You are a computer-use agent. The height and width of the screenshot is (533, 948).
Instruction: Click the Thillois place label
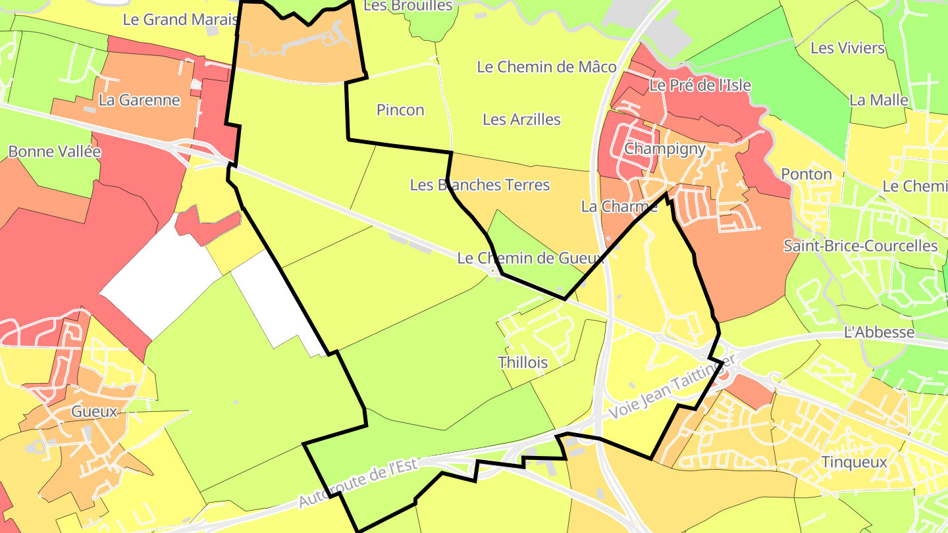[x=523, y=362]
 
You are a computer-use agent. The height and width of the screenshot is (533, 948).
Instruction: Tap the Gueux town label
[x=94, y=412]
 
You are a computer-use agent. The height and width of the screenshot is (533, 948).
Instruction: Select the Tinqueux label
[x=855, y=462]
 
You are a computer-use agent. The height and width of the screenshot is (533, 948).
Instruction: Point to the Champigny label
[x=664, y=149]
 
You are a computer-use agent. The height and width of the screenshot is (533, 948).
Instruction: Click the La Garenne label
[x=139, y=100]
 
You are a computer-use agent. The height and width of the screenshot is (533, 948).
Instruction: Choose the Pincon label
[x=400, y=110]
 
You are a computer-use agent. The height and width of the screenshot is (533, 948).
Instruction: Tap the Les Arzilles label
[x=521, y=119]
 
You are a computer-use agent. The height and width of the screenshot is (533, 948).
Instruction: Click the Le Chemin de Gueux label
[x=531, y=258]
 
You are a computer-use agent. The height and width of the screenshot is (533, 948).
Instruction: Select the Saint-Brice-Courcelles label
[x=860, y=246]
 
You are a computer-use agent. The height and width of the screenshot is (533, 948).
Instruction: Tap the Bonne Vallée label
[x=55, y=151]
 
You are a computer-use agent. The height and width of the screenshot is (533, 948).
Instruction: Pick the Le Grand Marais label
[x=180, y=20]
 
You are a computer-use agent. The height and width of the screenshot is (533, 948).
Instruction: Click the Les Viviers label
[x=847, y=48]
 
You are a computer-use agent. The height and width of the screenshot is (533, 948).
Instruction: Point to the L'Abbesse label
[x=879, y=332]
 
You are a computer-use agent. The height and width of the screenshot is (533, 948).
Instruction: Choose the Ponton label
[x=806, y=174]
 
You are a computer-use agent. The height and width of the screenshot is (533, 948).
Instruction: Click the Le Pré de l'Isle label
[x=700, y=86]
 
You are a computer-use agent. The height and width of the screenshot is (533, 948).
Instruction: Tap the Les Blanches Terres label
[x=479, y=185]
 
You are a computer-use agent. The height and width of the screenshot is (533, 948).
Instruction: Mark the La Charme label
[x=619, y=207]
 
